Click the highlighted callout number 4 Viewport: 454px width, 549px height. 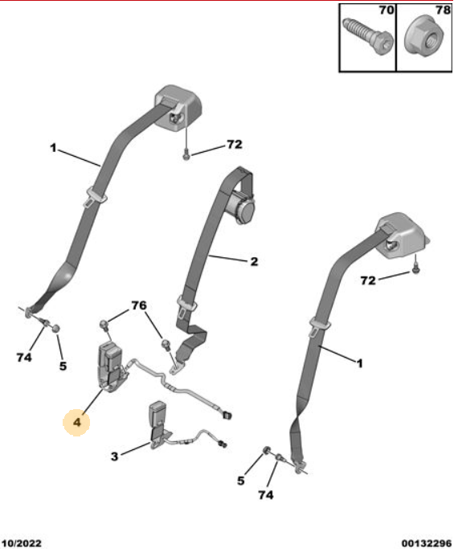[76, 422]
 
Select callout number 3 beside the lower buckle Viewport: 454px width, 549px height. [114, 457]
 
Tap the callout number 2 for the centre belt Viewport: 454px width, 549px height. [254, 261]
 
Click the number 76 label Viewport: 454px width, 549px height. [139, 305]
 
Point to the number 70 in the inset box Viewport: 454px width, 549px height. [387, 10]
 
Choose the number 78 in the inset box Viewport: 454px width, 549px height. [443, 10]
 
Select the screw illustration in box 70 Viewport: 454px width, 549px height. [367, 36]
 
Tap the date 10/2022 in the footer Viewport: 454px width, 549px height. [22, 543]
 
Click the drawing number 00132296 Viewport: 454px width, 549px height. [427, 543]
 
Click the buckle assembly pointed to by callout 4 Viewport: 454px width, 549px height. [112, 367]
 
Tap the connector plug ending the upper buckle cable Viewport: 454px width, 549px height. [227, 416]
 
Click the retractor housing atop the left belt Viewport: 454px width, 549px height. [178, 109]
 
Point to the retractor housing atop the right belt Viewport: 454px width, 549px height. [403, 236]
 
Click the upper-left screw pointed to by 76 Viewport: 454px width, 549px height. [104, 324]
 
